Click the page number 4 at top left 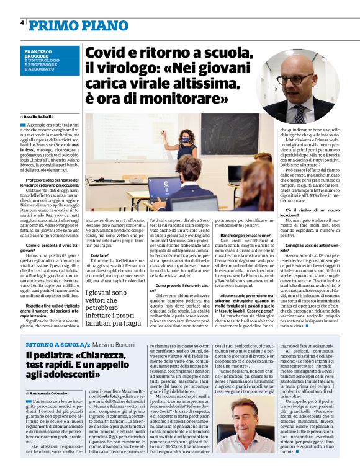pyautogui.click(x=22, y=22)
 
